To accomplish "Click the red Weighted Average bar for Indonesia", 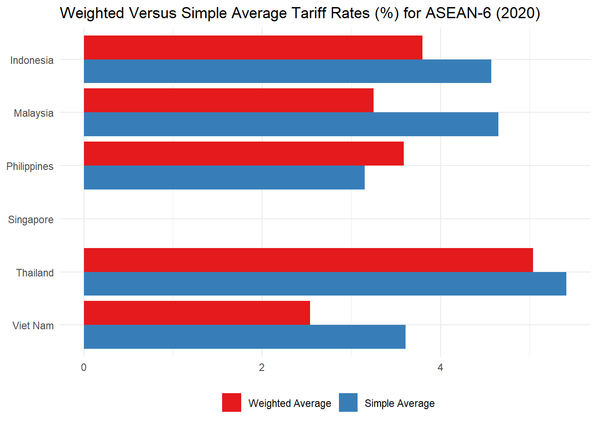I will click(x=253, y=47).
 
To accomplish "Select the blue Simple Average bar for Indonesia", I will click(x=287, y=71).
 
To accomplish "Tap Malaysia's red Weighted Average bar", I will click(x=228, y=100).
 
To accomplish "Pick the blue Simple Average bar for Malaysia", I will click(x=291, y=124).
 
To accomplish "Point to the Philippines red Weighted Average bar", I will click(x=243, y=154).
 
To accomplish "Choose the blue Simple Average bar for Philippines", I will click(x=224, y=177).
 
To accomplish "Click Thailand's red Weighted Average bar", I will click(x=308, y=260).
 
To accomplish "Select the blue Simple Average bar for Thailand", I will click(x=325, y=284).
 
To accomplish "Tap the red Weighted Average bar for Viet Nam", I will click(x=197, y=313).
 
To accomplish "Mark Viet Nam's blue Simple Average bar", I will click(x=244, y=337).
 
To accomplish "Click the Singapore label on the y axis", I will click(x=31, y=220).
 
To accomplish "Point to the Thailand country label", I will click(x=35, y=273).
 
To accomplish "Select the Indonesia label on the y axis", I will click(x=32, y=60).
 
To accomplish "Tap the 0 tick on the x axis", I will click(x=84, y=367).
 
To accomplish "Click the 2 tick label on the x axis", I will click(x=262, y=367).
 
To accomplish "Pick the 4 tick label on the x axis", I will click(x=440, y=367).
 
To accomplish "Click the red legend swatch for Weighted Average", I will click(x=231, y=402).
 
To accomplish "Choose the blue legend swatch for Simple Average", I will click(x=348, y=402).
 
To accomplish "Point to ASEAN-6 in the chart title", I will click(x=458, y=13).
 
